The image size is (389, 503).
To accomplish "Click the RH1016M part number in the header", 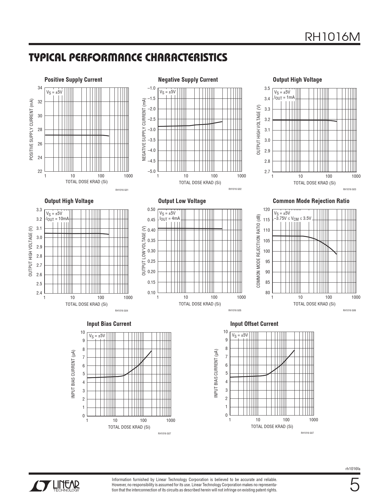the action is tap(332, 37).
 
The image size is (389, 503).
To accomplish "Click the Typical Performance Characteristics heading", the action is tap(128, 57).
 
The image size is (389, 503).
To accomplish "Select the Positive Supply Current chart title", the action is tap(73, 80).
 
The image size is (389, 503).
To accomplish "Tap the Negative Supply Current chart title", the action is tap(188, 80).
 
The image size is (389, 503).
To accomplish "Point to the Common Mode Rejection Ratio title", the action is tap(311, 201).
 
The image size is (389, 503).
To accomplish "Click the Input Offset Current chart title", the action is tap(254, 324).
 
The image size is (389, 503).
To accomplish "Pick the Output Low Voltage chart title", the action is tap(182, 201).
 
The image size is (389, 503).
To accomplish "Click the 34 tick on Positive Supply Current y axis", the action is tap(40, 88).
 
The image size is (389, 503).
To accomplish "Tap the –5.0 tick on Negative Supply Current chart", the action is tap(151, 171).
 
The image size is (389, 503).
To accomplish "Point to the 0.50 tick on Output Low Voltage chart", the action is tap(151, 209).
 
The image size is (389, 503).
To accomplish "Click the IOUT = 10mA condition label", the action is tap(57, 219).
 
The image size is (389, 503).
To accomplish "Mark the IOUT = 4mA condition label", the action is tap(170, 219).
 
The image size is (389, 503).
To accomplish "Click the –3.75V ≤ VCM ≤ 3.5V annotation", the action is tap(293, 219).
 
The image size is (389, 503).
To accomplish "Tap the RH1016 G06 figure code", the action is tap(349, 310).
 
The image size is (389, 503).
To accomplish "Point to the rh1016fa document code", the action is tap(353, 469).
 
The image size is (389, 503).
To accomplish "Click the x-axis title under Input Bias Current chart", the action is tap(129, 427).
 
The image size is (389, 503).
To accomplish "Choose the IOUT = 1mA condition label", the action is tap(285, 98).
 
